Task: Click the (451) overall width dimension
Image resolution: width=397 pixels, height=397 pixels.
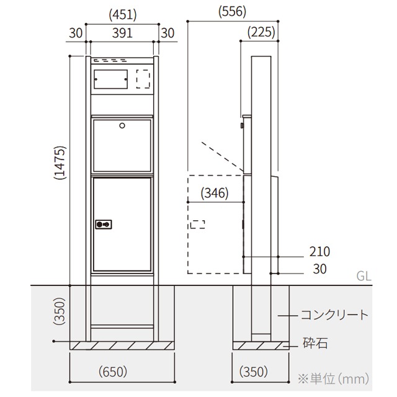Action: pos(122,14)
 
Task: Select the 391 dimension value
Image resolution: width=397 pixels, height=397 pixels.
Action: pos(122,33)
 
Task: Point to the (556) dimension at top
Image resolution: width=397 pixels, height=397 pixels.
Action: pos(233,11)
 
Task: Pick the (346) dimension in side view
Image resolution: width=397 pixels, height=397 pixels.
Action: pos(214,193)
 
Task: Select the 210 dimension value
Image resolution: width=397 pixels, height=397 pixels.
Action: pos(320,251)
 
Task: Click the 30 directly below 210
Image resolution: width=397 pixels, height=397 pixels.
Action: pos(320,269)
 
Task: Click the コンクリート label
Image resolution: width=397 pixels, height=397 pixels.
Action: pos(334,315)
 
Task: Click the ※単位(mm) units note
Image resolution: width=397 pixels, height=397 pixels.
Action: pos(334,377)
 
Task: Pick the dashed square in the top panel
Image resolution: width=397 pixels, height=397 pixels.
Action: pos(143,79)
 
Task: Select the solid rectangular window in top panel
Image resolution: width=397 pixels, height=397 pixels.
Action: pos(110,79)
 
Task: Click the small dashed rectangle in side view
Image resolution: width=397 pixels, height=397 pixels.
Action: pos(198,225)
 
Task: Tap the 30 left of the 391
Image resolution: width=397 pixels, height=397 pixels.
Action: pos(76,33)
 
